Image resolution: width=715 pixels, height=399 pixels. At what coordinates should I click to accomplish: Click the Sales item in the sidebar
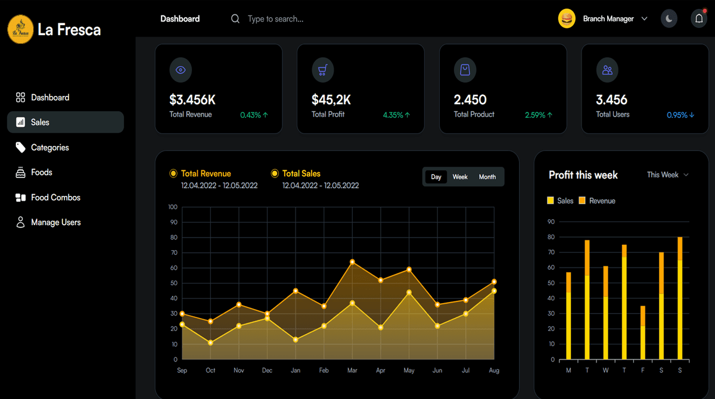[40, 122]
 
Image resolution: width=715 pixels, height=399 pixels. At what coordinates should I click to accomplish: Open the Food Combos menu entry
[55, 197]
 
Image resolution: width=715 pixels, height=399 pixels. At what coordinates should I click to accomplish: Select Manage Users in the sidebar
[55, 222]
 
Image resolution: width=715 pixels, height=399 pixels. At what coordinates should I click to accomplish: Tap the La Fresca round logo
[20, 29]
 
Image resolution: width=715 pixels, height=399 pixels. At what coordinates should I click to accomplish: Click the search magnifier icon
[235, 19]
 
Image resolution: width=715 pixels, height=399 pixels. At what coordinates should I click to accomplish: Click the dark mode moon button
[669, 19]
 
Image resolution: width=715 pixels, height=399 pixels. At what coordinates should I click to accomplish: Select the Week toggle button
[460, 177]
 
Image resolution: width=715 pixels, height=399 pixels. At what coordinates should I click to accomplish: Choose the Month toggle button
[487, 177]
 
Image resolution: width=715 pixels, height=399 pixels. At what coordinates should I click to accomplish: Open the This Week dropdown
[667, 174]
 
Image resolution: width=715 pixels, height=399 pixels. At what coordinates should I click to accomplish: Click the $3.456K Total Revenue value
[192, 99]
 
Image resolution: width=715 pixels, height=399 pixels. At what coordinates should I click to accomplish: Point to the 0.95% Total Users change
[680, 115]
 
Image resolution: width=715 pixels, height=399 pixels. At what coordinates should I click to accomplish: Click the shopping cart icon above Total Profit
[322, 70]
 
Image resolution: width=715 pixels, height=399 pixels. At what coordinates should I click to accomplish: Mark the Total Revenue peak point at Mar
[352, 262]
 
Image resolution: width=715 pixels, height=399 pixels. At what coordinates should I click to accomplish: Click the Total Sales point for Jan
[296, 339]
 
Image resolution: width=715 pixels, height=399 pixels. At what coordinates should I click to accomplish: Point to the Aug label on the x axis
[494, 370]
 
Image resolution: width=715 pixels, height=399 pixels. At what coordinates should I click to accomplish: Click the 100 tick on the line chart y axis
[173, 207]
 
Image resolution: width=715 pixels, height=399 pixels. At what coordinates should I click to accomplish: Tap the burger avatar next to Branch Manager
[567, 19]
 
